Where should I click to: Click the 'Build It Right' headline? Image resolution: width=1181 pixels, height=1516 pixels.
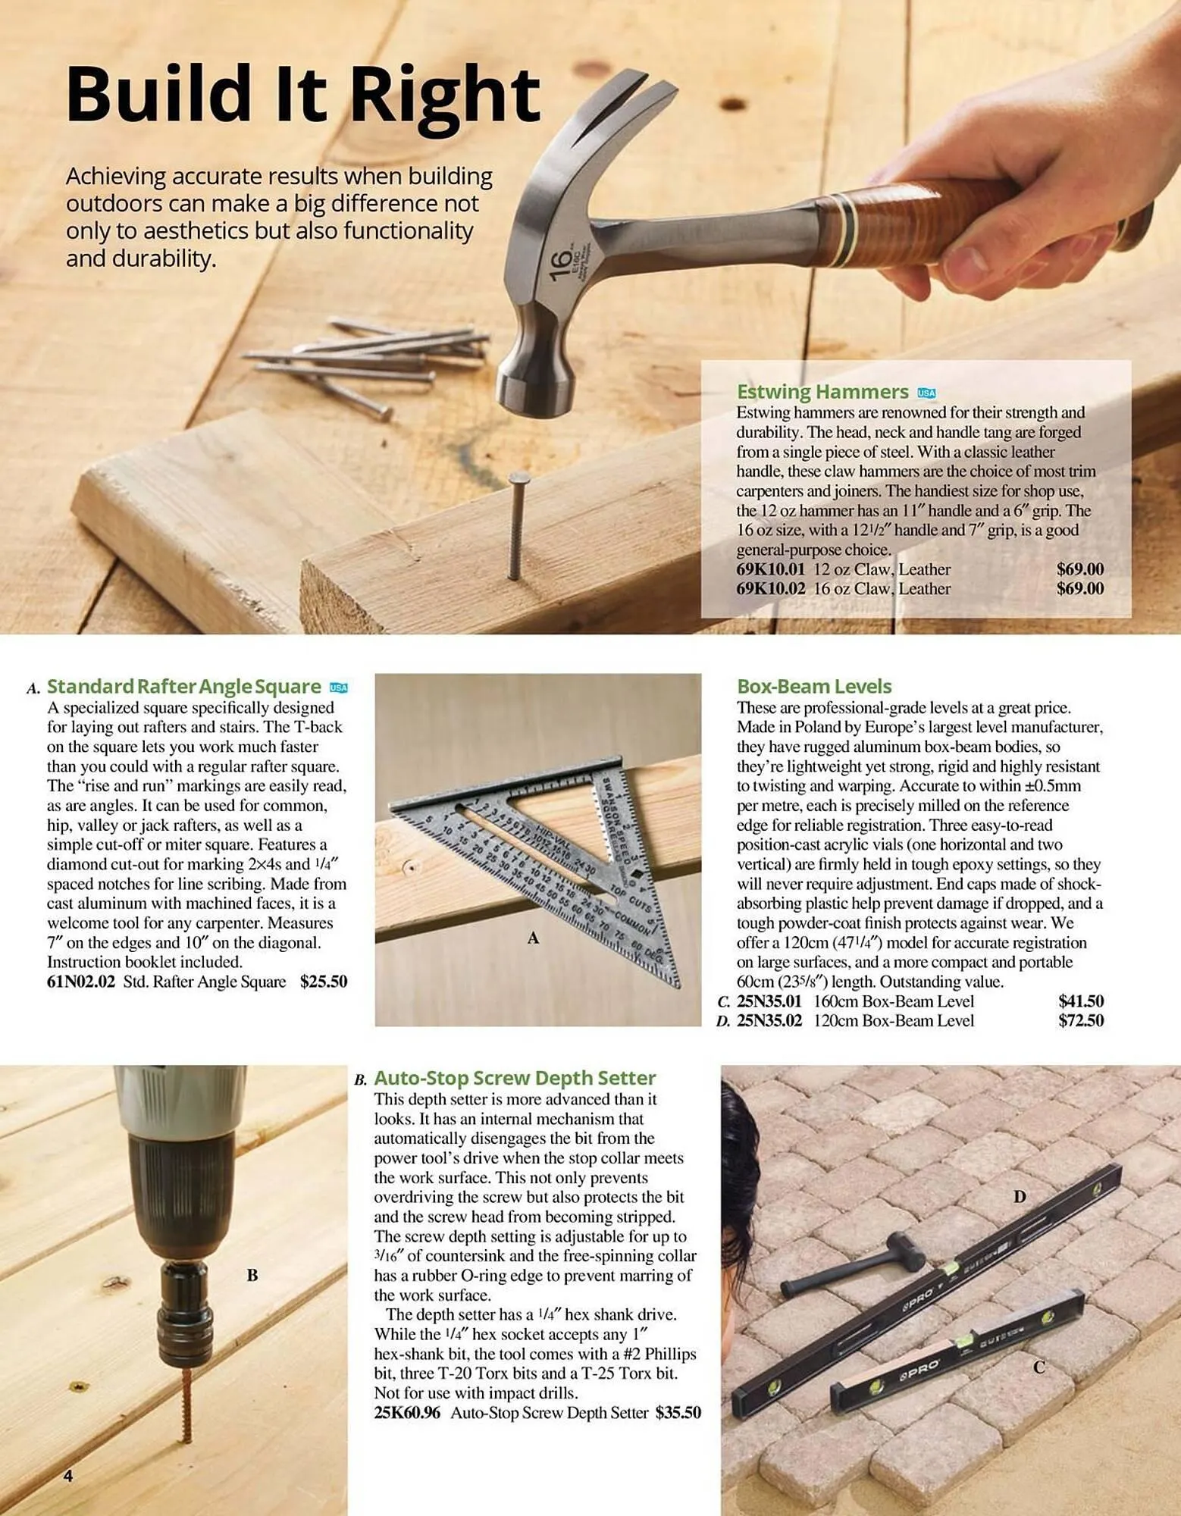pyautogui.click(x=303, y=95)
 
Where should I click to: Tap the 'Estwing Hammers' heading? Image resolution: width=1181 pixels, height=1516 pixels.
pyautogui.click(x=822, y=392)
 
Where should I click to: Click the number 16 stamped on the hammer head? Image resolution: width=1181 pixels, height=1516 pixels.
pyautogui.click(x=559, y=265)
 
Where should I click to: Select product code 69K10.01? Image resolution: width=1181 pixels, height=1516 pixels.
pyautogui.click(x=770, y=569)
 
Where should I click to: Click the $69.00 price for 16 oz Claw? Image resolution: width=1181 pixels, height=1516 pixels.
pyautogui.click(x=1079, y=589)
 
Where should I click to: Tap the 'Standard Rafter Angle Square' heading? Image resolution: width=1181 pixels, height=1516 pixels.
pyautogui.click(x=184, y=687)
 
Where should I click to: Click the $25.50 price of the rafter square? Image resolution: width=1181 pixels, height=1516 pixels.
pyautogui.click(x=324, y=982)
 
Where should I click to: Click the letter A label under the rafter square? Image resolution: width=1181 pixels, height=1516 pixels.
pyautogui.click(x=533, y=938)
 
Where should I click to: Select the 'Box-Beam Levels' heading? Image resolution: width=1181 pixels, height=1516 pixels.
pyautogui.click(x=814, y=687)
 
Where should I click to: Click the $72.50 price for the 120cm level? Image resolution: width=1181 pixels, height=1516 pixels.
pyautogui.click(x=1080, y=1021)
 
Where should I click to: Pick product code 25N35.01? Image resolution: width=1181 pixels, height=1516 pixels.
pyautogui.click(x=769, y=1001)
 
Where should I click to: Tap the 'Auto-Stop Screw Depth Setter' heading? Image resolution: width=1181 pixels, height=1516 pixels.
pyautogui.click(x=515, y=1078)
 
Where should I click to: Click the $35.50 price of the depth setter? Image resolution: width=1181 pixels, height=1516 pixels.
pyautogui.click(x=678, y=1413)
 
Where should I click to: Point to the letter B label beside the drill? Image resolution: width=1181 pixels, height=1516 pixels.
pyautogui.click(x=252, y=1276)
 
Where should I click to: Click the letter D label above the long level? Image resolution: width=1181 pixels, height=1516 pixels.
pyautogui.click(x=1020, y=1197)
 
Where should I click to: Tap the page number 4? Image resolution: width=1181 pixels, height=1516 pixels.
pyautogui.click(x=68, y=1476)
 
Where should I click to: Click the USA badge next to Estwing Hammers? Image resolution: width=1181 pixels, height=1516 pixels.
pyautogui.click(x=926, y=393)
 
